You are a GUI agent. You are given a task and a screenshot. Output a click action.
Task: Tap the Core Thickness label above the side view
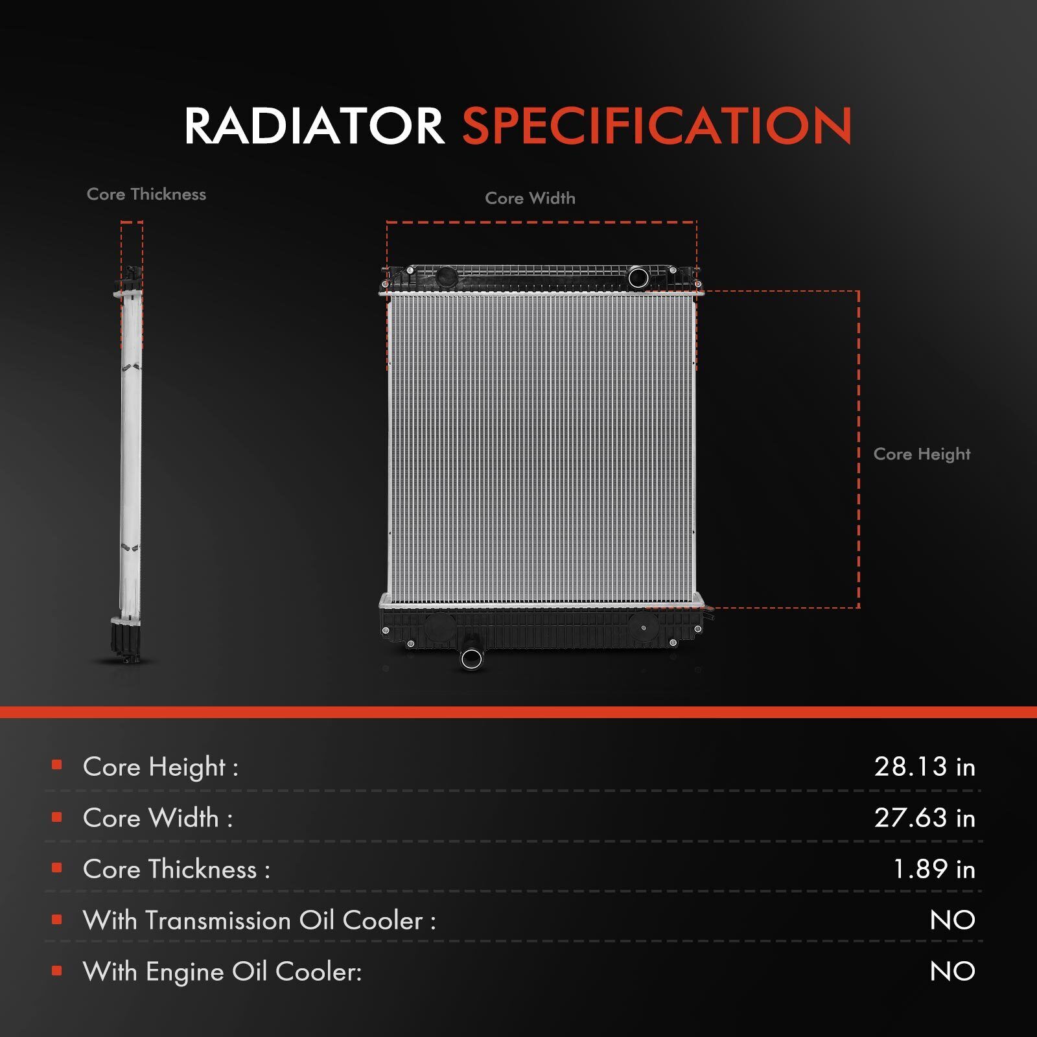pos(146,194)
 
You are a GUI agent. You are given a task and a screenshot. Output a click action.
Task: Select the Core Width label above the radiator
pos(530,198)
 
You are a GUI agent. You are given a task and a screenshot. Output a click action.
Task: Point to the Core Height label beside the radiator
pos(922,454)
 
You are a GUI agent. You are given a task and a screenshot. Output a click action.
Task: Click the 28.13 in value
pos(925,767)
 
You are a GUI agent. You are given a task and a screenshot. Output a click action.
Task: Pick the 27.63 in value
pos(925,818)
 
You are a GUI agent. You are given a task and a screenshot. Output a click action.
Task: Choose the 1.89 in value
pos(934,869)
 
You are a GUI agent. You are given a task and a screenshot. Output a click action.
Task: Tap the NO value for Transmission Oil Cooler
pos(953,920)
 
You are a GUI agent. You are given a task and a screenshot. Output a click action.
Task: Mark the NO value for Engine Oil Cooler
pos(953,972)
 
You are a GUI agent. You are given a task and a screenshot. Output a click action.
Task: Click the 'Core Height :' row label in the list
pos(161,767)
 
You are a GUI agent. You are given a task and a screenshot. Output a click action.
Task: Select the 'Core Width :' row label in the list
pos(157,818)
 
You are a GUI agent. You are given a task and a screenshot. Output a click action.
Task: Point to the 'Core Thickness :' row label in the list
pos(176,869)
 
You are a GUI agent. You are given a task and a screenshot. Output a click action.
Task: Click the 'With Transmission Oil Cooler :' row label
pos(259,920)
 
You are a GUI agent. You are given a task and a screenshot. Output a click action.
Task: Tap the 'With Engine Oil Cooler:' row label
pos(222,972)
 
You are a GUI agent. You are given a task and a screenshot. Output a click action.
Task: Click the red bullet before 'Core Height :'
pos(57,765)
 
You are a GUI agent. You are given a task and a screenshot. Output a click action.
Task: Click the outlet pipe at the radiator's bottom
pos(471,658)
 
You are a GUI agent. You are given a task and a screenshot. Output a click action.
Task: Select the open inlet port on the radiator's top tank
pos(638,278)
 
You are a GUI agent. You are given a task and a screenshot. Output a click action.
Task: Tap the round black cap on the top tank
pos(446,278)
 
